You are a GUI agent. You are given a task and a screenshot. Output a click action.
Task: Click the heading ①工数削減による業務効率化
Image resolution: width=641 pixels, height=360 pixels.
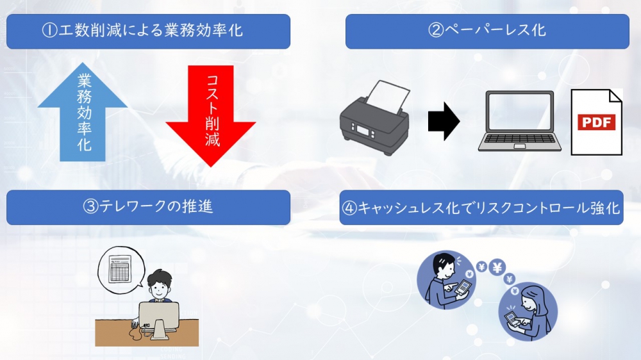(148, 31)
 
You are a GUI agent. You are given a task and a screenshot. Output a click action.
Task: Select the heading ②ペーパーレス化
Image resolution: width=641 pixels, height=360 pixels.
(487, 31)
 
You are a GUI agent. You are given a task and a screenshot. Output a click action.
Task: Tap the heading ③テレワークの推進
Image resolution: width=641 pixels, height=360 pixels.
(148, 207)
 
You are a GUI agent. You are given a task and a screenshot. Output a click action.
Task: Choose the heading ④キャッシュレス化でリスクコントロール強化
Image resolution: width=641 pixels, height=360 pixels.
(481, 208)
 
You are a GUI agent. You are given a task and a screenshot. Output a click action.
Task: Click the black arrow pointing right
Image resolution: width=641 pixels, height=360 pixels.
(444, 120)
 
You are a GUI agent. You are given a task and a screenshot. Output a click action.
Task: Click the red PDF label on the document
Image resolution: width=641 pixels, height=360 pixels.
(596, 122)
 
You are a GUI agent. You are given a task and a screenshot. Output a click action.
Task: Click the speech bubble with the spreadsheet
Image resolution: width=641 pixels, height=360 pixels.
(119, 269)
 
